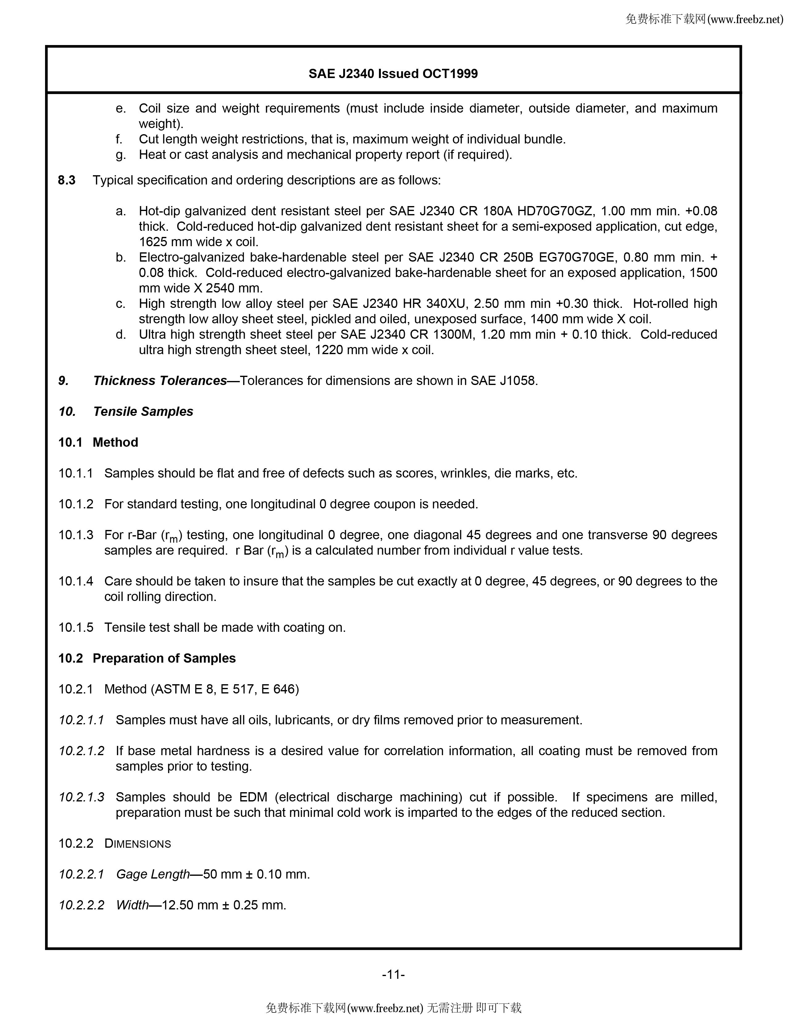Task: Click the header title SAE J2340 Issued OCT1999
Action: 393,74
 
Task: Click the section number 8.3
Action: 67,180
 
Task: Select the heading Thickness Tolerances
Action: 160,381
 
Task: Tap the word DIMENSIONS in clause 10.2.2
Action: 138,844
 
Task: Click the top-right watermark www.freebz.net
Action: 745,19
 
